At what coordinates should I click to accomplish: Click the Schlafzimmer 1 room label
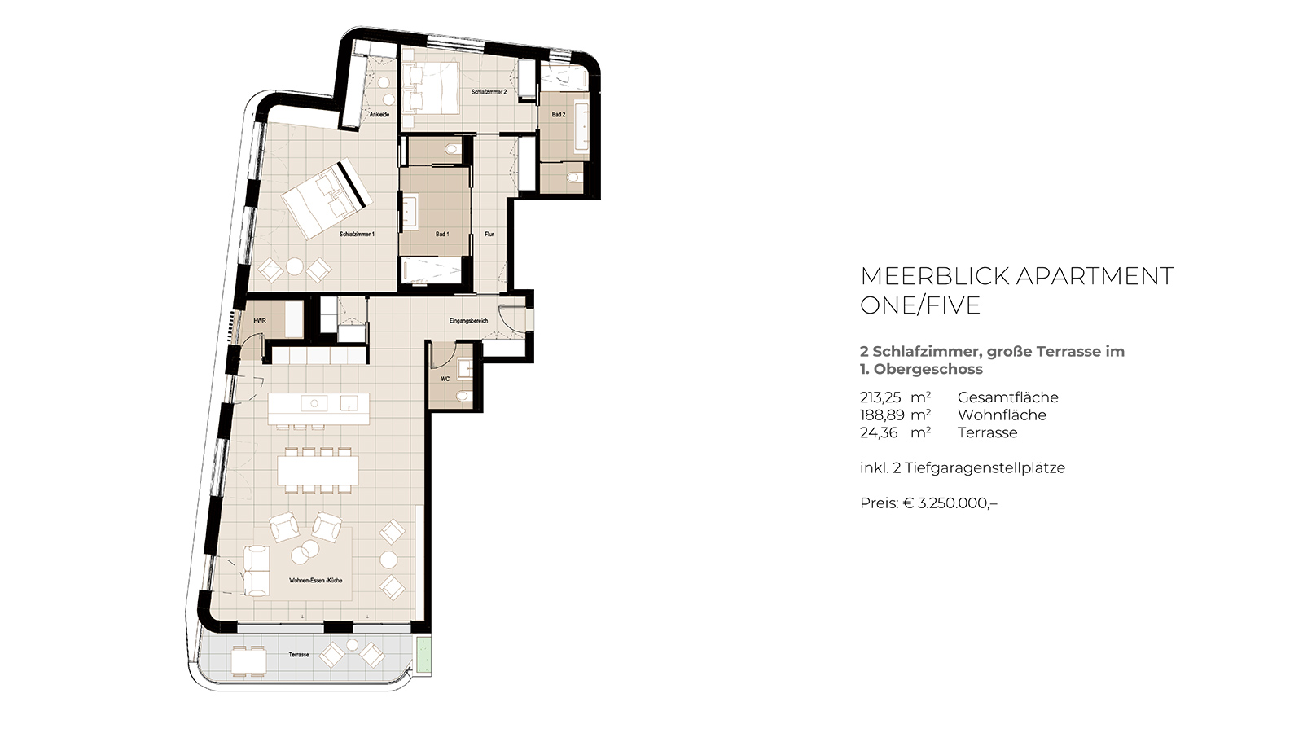pos(357,235)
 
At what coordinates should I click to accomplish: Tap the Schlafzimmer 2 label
pos(489,92)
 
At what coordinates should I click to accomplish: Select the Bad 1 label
pos(442,235)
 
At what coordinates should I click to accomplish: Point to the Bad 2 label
pos(559,115)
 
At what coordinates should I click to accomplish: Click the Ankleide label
pos(379,115)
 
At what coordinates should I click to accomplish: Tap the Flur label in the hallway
pos(489,235)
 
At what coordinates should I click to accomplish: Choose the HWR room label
pos(260,321)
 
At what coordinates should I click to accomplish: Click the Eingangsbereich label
pos(468,321)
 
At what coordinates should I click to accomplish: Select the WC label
pos(445,379)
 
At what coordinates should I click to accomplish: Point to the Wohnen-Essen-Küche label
pos(316,581)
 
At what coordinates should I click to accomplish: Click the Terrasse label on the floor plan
pos(298,655)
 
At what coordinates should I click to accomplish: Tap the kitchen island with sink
pos(318,409)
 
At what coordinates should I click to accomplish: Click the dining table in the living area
pos(318,470)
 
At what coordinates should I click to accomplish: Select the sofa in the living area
pos(256,571)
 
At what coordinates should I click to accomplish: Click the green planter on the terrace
pos(423,656)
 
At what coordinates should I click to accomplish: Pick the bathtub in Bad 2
pos(583,128)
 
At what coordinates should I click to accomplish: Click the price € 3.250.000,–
pos(950,503)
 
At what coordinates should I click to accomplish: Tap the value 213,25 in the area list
pos(880,398)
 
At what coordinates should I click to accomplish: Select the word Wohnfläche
pos(1002,415)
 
